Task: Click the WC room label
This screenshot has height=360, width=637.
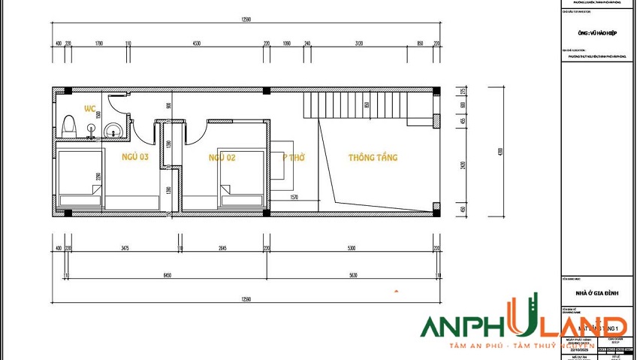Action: coord(90,108)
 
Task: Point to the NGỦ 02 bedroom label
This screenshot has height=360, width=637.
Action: coord(222,157)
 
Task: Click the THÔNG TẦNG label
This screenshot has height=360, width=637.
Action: coord(373,158)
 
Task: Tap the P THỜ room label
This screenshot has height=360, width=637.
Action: coord(293,158)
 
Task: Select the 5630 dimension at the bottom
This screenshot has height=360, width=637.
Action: coord(352,276)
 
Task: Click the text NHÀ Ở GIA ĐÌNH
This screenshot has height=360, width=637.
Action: coord(597,294)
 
